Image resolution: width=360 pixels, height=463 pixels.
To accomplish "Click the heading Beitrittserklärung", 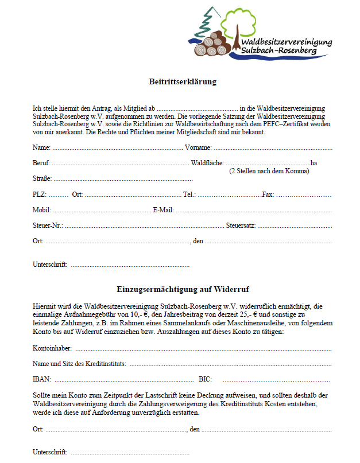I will (x=183, y=82).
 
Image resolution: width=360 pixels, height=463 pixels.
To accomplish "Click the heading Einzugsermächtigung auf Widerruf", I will (x=182, y=289).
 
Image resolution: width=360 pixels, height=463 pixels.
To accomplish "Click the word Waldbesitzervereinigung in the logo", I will (x=286, y=42).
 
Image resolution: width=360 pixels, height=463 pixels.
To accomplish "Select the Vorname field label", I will (x=198, y=148).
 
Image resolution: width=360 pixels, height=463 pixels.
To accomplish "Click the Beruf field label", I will (x=41, y=164).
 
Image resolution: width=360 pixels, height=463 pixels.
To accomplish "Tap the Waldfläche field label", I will (x=207, y=164).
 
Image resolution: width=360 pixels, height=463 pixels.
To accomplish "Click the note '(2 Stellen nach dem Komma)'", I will (x=269, y=172).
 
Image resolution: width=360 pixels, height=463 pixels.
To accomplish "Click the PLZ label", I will (x=39, y=194).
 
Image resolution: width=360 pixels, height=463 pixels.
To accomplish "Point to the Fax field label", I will (x=268, y=194).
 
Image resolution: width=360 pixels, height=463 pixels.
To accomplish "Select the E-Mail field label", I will (x=163, y=210).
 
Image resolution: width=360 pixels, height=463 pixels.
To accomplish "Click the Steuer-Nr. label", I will (x=48, y=225).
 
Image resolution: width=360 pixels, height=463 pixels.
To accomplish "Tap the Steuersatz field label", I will (x=241, y=225).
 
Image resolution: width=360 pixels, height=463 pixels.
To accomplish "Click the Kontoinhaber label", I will (x=53, y=348).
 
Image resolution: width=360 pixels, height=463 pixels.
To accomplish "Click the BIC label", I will (x=205, y=379).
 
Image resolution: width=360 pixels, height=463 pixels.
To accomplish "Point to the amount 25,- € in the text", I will (x=246, y=315).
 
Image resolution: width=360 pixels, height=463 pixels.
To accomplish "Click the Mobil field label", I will (x=42, y=210).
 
